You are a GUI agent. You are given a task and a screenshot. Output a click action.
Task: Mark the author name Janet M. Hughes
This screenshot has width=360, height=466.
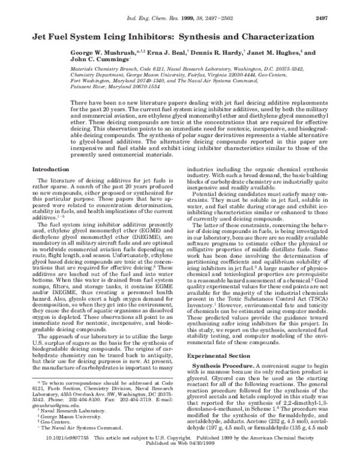click(x=271, y=52)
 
